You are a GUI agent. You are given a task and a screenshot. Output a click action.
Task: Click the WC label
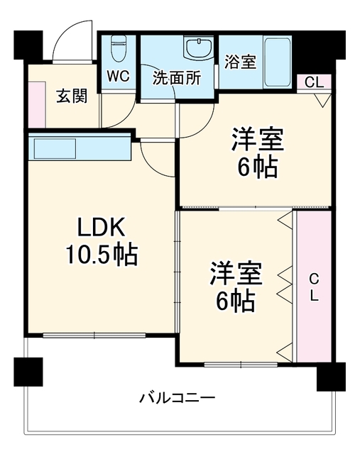[119, 76]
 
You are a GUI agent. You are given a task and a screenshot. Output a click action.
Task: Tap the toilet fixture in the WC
[118, 48]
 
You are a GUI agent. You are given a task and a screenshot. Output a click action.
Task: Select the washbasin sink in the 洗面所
[199, 48]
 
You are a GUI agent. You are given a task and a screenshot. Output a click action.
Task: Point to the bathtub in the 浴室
[277, 62]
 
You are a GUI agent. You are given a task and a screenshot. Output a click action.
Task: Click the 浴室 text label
[241, 62]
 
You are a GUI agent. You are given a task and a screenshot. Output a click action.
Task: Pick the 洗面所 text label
[177, 77]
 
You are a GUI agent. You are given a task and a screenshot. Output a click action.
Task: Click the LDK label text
[101, 227]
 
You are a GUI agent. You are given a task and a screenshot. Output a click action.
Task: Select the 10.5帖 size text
[102, 254]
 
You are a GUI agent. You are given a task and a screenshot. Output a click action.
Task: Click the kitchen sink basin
[55, 148]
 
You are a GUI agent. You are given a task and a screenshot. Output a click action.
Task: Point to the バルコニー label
[177, 397]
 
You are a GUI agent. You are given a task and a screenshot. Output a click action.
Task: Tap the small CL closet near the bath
[314, 83]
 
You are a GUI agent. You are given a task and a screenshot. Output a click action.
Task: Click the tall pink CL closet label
[314, 287]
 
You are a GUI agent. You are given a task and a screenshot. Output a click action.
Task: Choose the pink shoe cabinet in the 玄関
[37, 104]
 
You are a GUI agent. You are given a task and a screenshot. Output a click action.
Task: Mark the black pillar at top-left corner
[28, 44]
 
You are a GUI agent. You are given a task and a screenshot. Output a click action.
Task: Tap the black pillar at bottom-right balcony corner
[331, 377]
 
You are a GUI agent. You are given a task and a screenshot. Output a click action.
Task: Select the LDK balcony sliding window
[94, 336]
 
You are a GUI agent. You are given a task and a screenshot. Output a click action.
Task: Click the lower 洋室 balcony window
[241, 364]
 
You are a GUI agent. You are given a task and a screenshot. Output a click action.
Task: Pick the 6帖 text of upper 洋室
[257, 167]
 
